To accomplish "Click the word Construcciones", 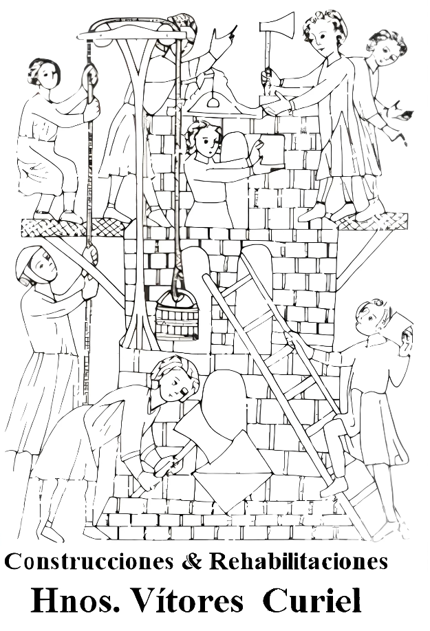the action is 90,562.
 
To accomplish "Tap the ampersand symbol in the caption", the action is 191,561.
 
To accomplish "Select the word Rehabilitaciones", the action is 299,561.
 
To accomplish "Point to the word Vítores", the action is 187,601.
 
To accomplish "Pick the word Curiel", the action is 312,601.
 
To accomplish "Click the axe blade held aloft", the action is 278,25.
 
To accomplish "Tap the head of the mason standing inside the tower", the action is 204,139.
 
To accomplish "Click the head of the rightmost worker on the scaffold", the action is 387,49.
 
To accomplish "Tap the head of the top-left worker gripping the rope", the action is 44,74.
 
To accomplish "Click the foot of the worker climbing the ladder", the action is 334,486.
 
